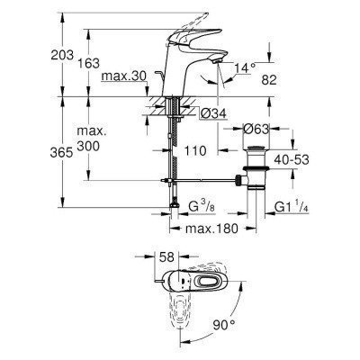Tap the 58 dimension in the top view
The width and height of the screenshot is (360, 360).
[166, 259]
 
